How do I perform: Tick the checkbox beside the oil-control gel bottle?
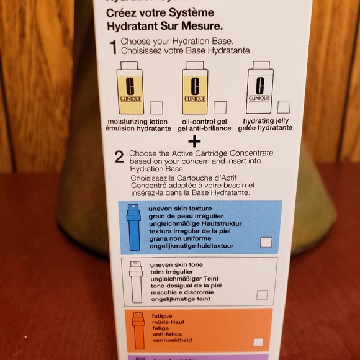click(x=220, y=107)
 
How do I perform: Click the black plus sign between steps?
click(x=196, y=140)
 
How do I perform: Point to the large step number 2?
click(x=119, y=156)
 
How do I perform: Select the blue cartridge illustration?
click(x=134, y=227)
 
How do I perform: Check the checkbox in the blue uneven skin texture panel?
click(x=266, y=242)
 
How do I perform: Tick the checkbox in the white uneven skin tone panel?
click(x=262, y=294)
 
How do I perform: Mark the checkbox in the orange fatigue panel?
click(x=258, y=342)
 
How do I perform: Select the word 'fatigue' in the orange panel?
click(x=162, y=316)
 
